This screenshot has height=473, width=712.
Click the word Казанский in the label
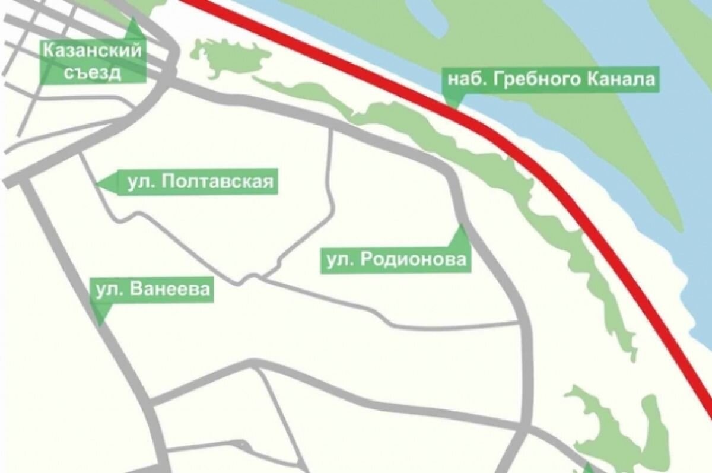92,50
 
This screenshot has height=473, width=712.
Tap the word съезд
92,72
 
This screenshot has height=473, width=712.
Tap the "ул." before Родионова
336,261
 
